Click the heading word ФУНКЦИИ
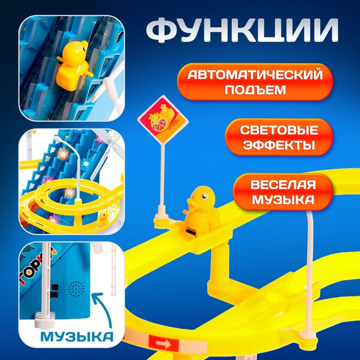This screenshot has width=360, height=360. (242, 30)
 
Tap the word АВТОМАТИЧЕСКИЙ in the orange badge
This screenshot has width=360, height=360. (255, 75)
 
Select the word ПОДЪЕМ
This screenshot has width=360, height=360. (255, 89)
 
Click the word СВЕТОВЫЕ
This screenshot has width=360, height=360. (279, 130)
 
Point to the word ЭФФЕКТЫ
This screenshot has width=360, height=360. (279, 145)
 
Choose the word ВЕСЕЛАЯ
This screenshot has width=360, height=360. (283, 185)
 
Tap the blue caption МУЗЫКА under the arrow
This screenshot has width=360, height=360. (77, 336)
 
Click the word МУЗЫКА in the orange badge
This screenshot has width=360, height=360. (283, 200)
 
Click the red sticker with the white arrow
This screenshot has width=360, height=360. (164, 343)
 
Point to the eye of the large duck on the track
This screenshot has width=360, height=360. (204, 196)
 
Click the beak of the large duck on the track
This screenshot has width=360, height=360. (192, 205)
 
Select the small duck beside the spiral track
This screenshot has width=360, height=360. (102, 219)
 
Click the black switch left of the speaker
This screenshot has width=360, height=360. (55, 287)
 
